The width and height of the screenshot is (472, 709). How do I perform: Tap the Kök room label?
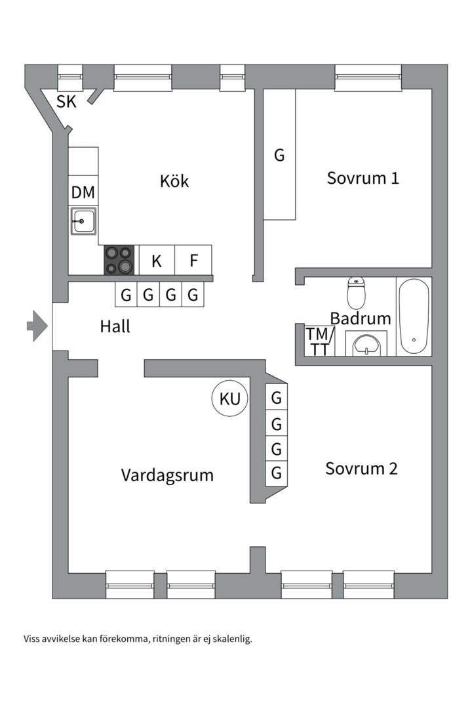174,181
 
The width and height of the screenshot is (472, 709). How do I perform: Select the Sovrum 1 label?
363,178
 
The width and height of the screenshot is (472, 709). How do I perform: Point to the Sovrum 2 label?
361,469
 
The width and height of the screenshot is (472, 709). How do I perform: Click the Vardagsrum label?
167,475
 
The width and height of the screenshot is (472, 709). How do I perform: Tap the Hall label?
115,326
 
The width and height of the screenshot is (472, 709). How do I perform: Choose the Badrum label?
360,319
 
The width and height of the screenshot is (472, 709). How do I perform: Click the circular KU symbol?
230,398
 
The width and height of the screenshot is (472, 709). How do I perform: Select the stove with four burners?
119,259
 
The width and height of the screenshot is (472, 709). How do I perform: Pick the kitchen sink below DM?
84,222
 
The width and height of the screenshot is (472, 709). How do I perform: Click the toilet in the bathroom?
357,293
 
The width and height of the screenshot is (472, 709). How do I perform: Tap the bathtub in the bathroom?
414,316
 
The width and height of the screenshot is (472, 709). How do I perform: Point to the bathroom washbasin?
366,345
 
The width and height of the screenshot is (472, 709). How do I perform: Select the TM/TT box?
320,341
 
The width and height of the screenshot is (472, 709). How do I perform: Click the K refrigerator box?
156,260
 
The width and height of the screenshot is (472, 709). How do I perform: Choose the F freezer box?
193,260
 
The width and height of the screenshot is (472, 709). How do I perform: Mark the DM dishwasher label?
83,192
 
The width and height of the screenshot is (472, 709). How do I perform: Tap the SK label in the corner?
66,102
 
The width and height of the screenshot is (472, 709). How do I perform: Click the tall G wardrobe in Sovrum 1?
280,155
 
